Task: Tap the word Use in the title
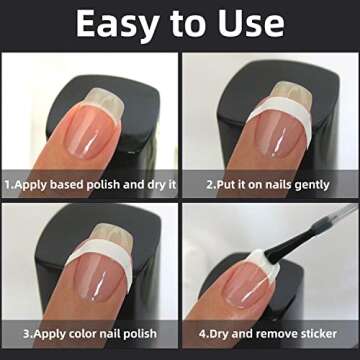pyautogui.click(x=252, y=23)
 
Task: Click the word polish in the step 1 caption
pyautogui.click(x=103, y=185)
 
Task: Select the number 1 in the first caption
pyautogui.click(x=8, y=185)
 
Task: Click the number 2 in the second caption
pyautogui.click(x=210, y=185)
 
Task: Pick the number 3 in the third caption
pyautogui.click(x=27, y=334)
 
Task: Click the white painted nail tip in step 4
pyautogui.click(x=262, y=262)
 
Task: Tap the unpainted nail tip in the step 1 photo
pyautogui.click(x=104, y=97)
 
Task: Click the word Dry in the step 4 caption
pyautogui.click(x=217, y=334)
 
